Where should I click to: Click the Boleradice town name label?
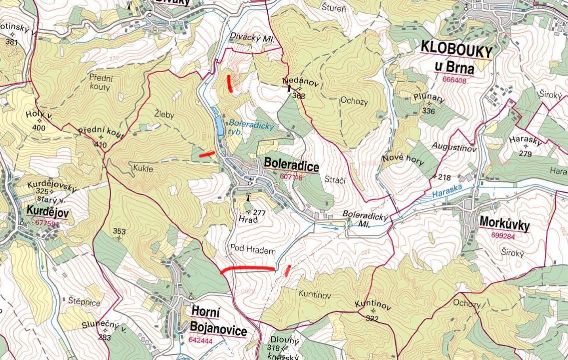(x=291, y=165)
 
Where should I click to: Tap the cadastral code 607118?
(x=291, y=177)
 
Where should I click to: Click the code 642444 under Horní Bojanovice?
(x=200, y=340)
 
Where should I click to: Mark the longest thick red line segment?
(x=247, y=269)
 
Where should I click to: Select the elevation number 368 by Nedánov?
(x=299, y=96)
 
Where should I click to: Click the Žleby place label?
(x=164, y=114)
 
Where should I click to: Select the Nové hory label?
(x=403, y=160)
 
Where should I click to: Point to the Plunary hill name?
(x=429, y=98)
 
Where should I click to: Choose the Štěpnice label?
(x=85, y=302)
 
